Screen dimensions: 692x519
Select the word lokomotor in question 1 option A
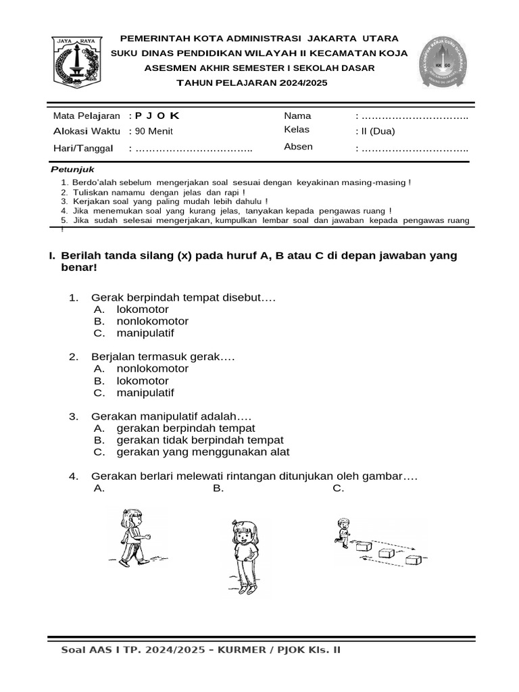coord(143,310)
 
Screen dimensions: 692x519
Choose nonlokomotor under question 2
coord(152,369)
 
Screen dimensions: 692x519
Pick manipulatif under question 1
coord(145,334)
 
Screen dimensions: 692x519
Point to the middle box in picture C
coord(386,552)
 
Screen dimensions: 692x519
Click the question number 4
coord(74,477)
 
